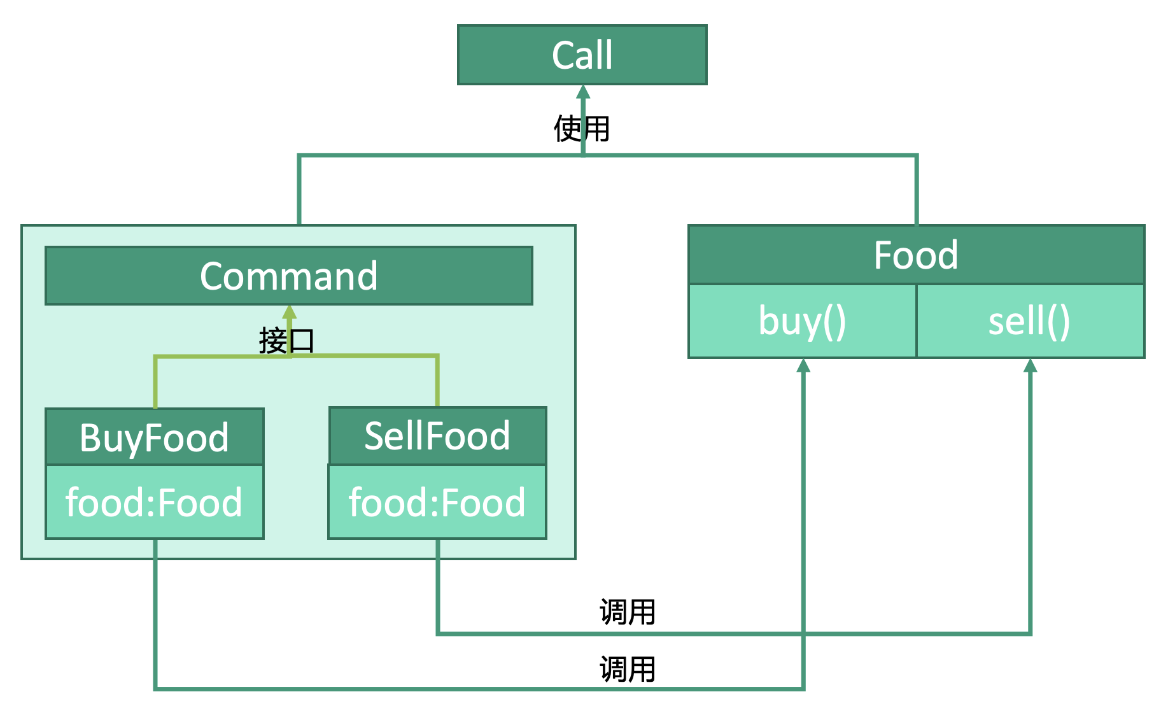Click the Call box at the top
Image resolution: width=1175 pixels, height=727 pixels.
pyautogui.click(x=582, y=55)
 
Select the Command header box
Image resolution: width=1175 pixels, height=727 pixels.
pyautogui.click(x=288, y=276)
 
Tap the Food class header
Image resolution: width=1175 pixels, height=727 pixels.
pyautogui.click(x=916, y=255)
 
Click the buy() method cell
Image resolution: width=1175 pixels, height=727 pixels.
pyautogui.click(x=802, y=321)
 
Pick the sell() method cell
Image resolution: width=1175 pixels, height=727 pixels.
pyautogui.click(x=1029, y=321)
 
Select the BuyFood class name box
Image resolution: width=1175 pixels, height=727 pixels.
pyautogui.click(x=154, y=437)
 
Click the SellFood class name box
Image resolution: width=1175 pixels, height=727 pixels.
pyautogui.click(x=437, y=436)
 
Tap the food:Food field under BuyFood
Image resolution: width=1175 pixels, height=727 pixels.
pyautogui.click(x=154, y=502)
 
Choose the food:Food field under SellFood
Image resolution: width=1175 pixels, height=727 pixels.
pyautogui.click(x=437, y=502)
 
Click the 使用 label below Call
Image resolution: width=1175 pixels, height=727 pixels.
pyautogui.click(x=582, y=129)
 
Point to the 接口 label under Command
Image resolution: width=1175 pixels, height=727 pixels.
pyautogui.click(x=286, y=341)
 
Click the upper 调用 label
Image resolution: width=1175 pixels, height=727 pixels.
pyautogui.click(x=628, y=612)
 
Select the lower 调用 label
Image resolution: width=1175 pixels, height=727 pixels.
pyautogui.click(x=628, y=670)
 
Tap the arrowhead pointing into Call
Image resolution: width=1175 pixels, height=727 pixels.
pyautogui.click(x=582, y=93)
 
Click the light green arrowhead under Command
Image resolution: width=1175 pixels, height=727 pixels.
pyautogui.click(x=290, y=313)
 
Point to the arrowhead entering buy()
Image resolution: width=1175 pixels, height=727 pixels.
pyautogui.click(x=803, y=366)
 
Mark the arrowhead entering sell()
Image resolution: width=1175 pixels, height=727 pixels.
pyautogui.click(x=1030, y=366)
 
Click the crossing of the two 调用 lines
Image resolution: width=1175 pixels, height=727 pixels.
pyautogui.click(x=803, y=633)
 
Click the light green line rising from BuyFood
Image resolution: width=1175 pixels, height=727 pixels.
pyautogui.click(x=155, y=382)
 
